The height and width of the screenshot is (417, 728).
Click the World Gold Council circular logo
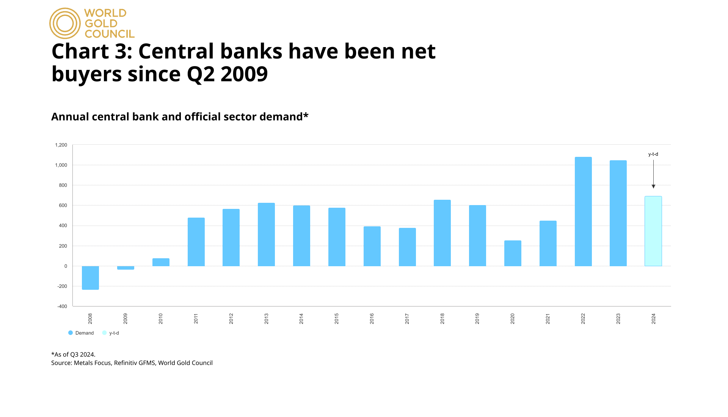[x=65, y=24]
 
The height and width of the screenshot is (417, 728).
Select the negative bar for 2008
[x=90, y=278]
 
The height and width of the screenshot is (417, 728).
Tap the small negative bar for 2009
[x=126, y=268]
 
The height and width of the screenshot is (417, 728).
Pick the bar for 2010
[x=161, y=262]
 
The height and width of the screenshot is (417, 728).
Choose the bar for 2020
[x=513, y=253]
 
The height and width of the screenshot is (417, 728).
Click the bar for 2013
[x=266, y=234]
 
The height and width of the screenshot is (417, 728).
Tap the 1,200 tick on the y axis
[x=61, y=145]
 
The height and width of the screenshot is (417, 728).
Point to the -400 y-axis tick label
[x=62, y=306]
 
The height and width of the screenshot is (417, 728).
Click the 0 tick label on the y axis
[x=66, y=266]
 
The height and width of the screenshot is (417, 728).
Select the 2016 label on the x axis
[x=372, y=318]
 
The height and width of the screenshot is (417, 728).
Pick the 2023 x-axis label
[x=618, y=318]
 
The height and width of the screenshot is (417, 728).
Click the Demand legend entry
[x=81, y=333]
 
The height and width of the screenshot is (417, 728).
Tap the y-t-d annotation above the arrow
[x=653, y=154]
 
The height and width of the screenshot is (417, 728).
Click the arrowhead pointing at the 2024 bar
[x=653, y=186]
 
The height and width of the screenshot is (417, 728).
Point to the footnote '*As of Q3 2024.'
[x=73, y=354]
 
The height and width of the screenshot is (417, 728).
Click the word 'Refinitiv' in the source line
[x=126, y=363]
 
